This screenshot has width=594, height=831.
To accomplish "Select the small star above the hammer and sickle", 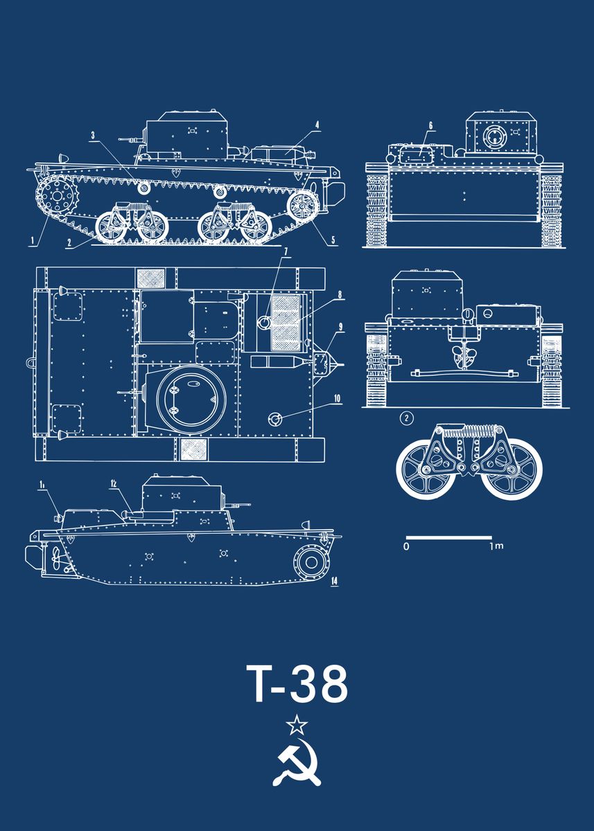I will [297, 725].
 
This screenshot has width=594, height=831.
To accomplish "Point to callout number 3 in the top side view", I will [92, 136].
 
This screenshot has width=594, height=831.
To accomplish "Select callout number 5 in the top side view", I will [333, 241].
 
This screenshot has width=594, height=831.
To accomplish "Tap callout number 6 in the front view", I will [430, 125].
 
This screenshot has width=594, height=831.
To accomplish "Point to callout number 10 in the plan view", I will [338, 398].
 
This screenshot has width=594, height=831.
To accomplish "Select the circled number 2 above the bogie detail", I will [407, 418].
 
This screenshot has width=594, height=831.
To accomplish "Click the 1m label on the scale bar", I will [496, 547].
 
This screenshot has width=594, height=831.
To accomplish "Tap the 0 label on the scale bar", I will [406, 547].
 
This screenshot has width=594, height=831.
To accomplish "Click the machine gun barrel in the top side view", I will [129, 139].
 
